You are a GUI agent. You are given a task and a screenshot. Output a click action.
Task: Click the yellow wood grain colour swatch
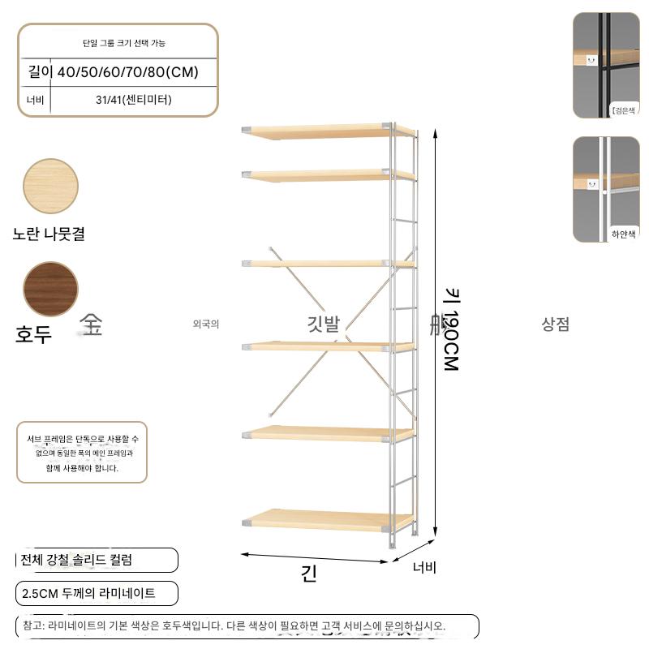point(50,187)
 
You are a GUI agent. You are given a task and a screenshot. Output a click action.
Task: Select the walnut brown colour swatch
point(50,289)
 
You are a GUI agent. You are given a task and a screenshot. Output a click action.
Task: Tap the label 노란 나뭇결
point(49,234)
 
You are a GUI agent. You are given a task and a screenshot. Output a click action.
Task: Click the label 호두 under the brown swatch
point(33,333)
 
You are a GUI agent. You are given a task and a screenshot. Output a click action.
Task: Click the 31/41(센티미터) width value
point(133,101)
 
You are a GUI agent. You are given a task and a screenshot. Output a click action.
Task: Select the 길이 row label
point(38,72)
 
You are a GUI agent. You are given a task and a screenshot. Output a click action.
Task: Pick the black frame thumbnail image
point(605,65)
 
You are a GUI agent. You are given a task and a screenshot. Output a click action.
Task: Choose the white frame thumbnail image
point(605,188)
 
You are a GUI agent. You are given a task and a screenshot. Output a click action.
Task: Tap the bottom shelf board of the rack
point(324,519)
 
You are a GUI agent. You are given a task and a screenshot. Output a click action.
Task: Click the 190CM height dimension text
point(451,333)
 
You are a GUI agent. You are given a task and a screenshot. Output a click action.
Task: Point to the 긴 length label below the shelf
point(309,574)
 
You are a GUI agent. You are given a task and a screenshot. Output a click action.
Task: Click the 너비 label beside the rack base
point(424,568)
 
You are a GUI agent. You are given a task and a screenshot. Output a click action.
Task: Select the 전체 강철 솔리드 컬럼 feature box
point(97,560)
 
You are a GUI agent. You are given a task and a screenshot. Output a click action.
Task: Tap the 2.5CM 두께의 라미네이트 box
point(97,593)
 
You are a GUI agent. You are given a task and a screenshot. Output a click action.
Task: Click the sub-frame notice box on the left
point(82,453)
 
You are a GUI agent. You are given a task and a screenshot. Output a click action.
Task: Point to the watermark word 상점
point(556,324)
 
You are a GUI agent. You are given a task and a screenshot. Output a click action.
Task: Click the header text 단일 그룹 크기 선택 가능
point(118,43)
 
